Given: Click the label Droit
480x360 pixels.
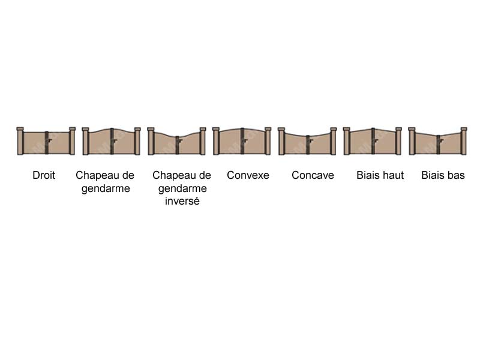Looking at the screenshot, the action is click(44, 175).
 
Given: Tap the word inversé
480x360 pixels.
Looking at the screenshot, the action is click(182, 201).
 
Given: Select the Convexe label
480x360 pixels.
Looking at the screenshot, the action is click(248, 175).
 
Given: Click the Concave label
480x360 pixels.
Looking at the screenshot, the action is click(313, 175).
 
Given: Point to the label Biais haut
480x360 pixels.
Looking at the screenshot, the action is click(380, 175).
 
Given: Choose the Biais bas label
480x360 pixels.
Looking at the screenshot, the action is click(443, 175).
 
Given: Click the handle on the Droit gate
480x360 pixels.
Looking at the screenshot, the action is click(50, 140).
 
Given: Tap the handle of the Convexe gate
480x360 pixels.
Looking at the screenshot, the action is click(245, 140).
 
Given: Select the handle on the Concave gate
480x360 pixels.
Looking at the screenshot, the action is click(311, 141).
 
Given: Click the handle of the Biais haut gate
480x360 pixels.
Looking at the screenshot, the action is click(376, 140).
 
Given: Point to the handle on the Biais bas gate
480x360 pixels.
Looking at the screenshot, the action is click(442, 141).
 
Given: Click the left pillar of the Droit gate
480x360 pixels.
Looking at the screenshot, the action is click(20, 141).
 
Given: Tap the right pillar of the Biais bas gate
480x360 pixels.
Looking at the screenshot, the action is click(464, 141).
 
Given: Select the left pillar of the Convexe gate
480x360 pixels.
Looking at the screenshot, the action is click(216, 141).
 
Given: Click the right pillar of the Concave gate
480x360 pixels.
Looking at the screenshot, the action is click(333, 141).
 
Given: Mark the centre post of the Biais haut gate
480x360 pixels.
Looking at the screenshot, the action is click(373, 141).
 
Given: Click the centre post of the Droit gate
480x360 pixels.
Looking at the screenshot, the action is click(47, 143).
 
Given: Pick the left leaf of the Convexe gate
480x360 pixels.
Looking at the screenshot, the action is click(230, 142).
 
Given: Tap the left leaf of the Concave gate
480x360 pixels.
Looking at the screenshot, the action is click(295, 143).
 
